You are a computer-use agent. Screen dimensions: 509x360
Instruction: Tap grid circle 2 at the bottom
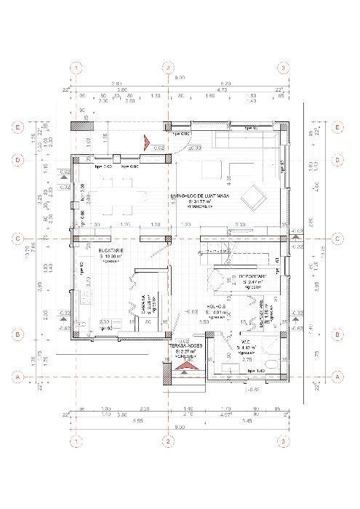point(168,441)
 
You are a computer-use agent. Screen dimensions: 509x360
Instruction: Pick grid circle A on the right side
point(337,377)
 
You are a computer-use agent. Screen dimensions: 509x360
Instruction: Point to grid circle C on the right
point(337,238)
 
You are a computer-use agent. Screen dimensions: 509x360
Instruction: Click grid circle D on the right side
point(337,159)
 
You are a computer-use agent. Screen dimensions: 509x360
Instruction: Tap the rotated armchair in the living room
point(255,195)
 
